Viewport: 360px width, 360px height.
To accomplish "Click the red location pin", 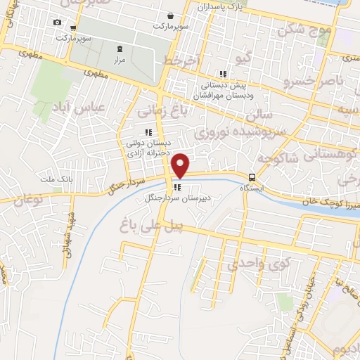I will pos(181,164).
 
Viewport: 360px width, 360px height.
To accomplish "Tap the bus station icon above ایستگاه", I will pos(251,177).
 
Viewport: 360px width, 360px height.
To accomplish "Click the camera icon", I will pos(57,22).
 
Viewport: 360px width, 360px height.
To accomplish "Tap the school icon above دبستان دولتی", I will pos(148,131).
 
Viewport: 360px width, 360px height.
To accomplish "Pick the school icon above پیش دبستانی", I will pos(223,74).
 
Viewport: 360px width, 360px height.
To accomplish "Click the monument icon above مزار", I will pos(118,49).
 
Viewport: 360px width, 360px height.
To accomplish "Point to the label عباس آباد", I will pos(79,108).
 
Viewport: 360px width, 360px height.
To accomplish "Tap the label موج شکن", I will pos(303,31).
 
